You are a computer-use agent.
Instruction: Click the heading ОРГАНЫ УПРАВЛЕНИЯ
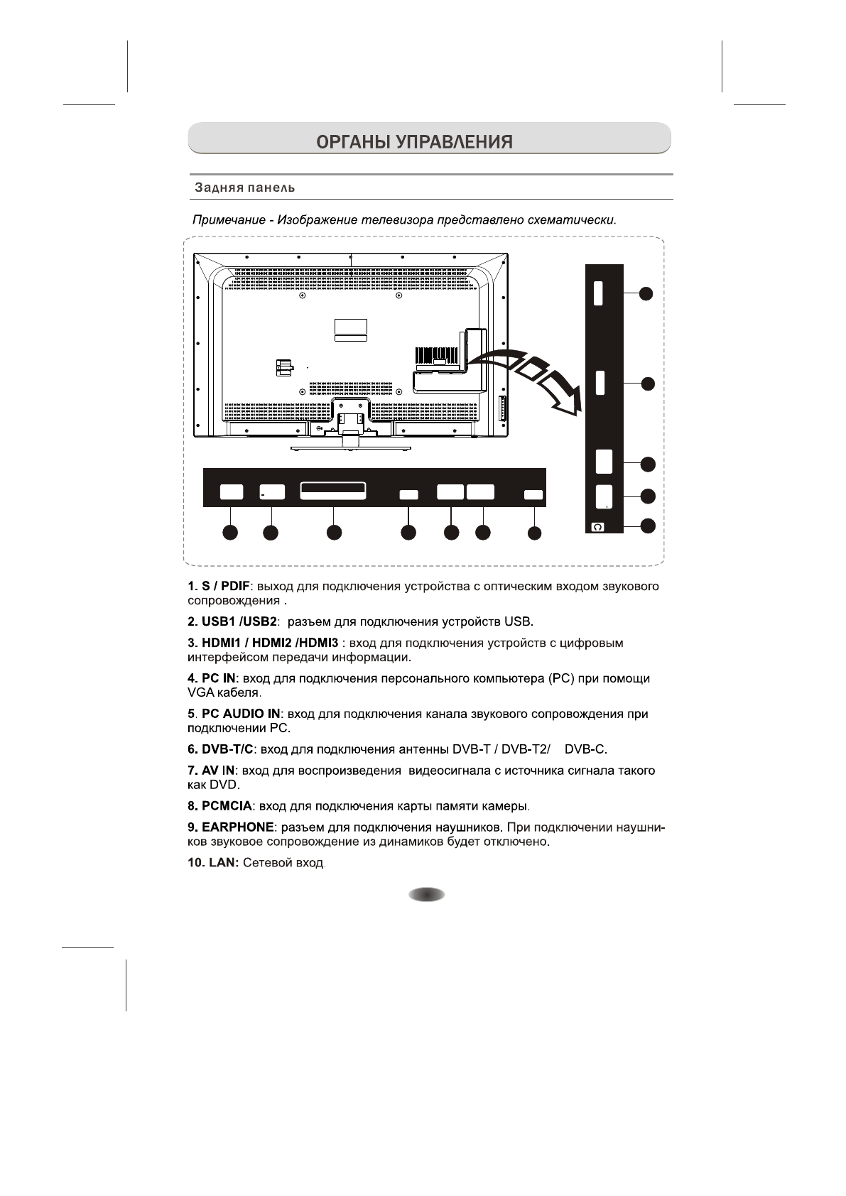tap(414, 141)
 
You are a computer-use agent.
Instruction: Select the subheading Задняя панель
tap(245, 188)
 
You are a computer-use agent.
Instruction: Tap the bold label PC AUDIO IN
tap(242, 714)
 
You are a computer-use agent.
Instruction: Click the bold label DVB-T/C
tap(227, 749)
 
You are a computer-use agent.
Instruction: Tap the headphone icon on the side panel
tap(597, 527)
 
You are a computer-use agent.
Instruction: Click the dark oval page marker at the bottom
tap(426, 895)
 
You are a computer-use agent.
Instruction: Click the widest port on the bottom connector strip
tap(333, 491)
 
